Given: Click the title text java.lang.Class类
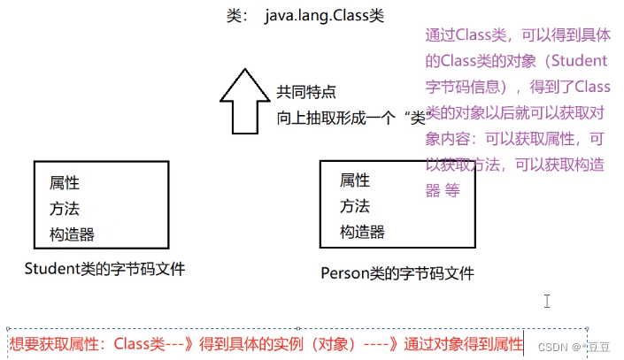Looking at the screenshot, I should click(x=324, y=16).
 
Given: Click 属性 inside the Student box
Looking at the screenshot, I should click(x=65, y=183).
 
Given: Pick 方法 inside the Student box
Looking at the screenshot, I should click(x=65, y=209).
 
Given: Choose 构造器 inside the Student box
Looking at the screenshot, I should click(x=72, y=234).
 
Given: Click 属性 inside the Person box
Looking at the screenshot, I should click(x=355, y=180).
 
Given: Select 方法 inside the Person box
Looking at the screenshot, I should click(x=355, y=206).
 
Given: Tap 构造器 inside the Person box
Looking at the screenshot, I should click(x=362, y=232).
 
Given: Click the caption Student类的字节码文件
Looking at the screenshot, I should click(x=105, y=268).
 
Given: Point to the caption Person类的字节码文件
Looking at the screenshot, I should click(x=397, y=272).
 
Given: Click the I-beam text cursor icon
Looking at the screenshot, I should click(x=547, y=302).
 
